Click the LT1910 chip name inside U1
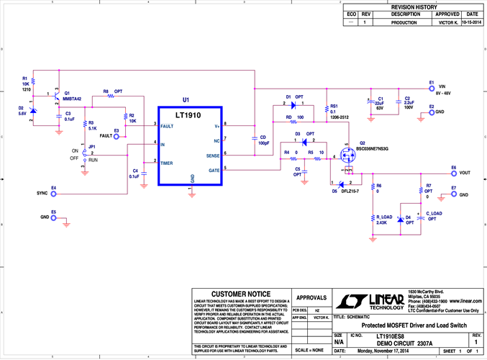pos(191,115)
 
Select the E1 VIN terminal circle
pos(432,90)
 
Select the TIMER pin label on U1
pos(167,163)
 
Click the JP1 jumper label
pos(91,147)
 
